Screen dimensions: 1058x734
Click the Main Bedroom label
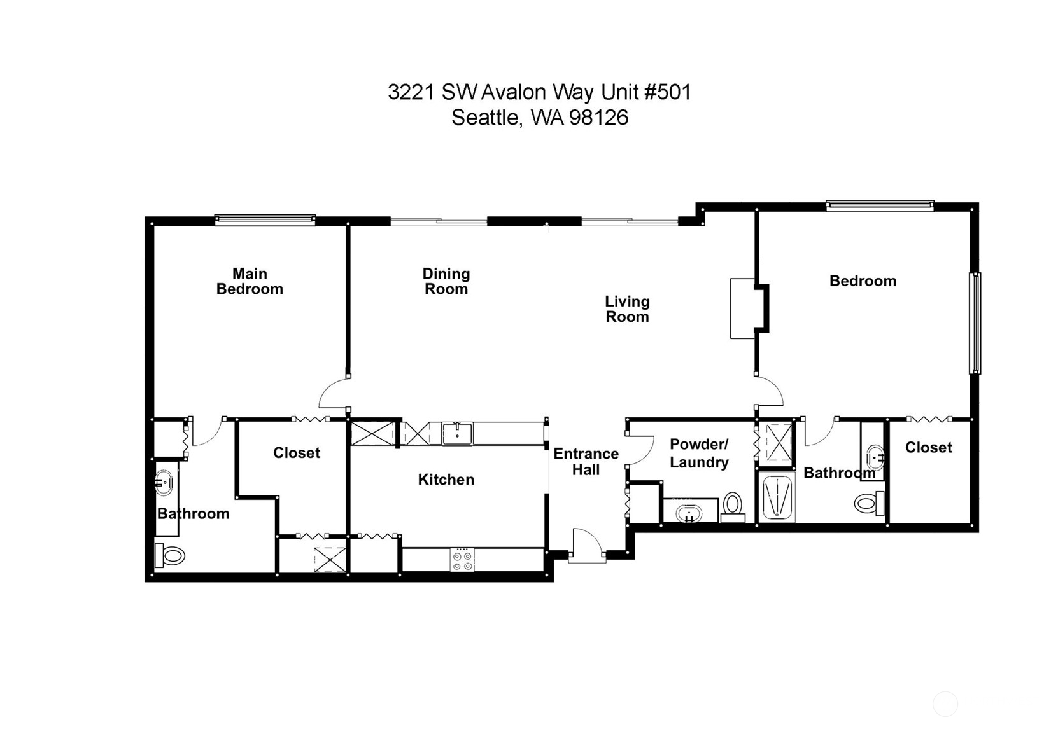(x=250, y=281)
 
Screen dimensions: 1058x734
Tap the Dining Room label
(x=446, y=281)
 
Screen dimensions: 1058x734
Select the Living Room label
(x=627, y=309)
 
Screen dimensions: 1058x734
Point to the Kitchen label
(x=446, y=480)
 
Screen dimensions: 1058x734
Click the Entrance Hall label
(x=586, y=462)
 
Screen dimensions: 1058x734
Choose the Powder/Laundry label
(x=699, y=453)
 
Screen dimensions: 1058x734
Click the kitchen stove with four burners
(x=462, y=560)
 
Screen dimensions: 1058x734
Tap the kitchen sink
(x=457, y=434)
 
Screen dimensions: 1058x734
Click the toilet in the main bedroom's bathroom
(x=169, y=555)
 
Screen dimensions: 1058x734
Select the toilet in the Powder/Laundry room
(x=733, y=508)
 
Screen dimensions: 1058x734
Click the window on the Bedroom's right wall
(x=975, y=323)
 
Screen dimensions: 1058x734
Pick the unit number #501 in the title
(x=667, y=92)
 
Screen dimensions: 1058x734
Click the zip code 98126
(x=599, y=118)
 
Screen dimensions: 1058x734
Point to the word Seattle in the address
(x=486, y=118)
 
